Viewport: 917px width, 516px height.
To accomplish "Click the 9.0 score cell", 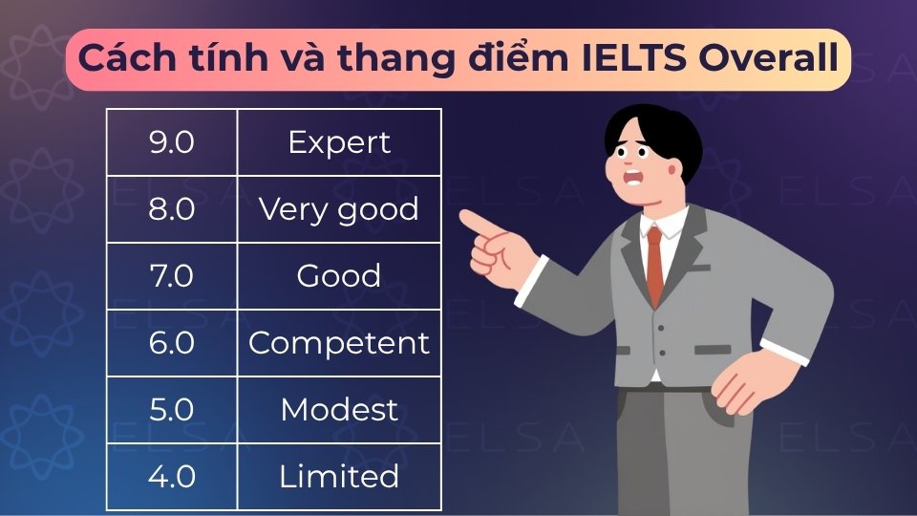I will point(172,142).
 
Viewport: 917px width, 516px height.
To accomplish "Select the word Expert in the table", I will point(339,142).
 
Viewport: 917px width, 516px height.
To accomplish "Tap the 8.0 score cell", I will point(172,209).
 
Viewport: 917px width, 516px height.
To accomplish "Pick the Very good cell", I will point(339,209).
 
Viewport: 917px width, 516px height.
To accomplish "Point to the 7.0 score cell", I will point(172,276).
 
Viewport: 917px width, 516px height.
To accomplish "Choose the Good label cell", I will point(339,276).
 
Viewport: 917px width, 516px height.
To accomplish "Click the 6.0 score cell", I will point(172,343).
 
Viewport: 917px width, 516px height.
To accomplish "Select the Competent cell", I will point(339,343).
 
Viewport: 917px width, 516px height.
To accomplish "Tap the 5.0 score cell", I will point(172,410).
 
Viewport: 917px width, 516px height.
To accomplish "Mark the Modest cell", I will point(339,410).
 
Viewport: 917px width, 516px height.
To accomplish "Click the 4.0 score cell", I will point(172,476).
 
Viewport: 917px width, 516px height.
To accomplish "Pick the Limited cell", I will point(339,476).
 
